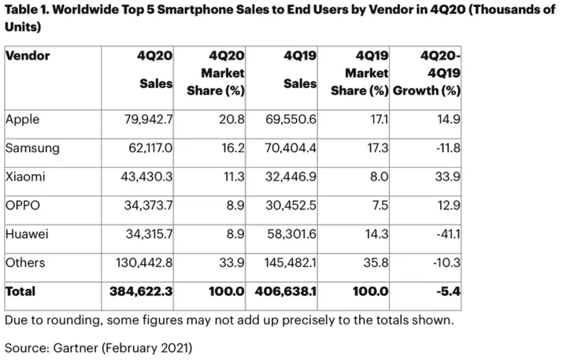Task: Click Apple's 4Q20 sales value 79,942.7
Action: point(148,120)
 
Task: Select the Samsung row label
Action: point(32,148)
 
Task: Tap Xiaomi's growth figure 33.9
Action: point(447,177)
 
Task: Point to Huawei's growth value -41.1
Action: point(448,234)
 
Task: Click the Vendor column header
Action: point(28,56)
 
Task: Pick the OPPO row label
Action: point(23,206)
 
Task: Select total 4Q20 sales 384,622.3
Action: point(141,291)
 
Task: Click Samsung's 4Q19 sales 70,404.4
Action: point(291,148)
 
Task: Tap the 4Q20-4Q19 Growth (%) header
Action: point(427,73)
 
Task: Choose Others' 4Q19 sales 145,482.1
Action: point(290,262)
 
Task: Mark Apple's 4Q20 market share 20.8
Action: point(232,120)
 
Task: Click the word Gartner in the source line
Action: point(76,348)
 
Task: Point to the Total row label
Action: point(20,291)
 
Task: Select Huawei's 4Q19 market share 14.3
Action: point(376,234)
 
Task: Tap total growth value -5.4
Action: point(448,291)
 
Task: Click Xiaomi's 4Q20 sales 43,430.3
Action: point(146,177)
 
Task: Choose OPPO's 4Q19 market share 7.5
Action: point(380,206)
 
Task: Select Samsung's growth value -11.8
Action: point(448,148)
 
